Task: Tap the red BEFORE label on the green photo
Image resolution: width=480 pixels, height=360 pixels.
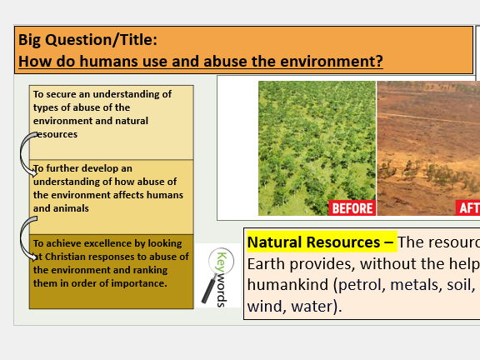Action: click(352, 207)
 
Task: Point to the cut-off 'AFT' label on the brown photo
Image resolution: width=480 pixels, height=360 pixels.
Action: click(468, 207)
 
